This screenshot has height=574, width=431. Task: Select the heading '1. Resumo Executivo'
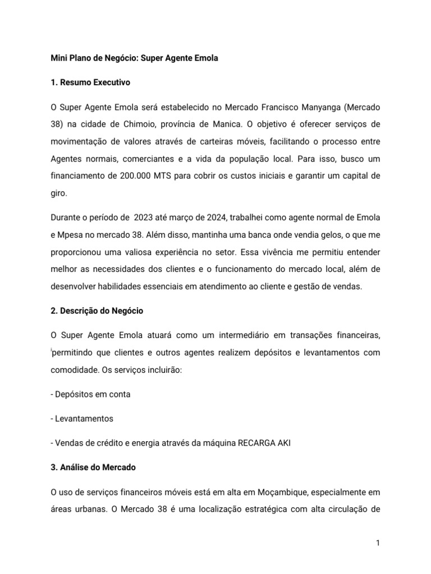coord(90,82)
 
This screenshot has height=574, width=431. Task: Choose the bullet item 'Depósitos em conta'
coord(90,394)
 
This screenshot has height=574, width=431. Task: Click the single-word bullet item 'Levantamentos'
coord(82,418)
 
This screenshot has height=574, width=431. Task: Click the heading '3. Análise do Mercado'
coord(93,467)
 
